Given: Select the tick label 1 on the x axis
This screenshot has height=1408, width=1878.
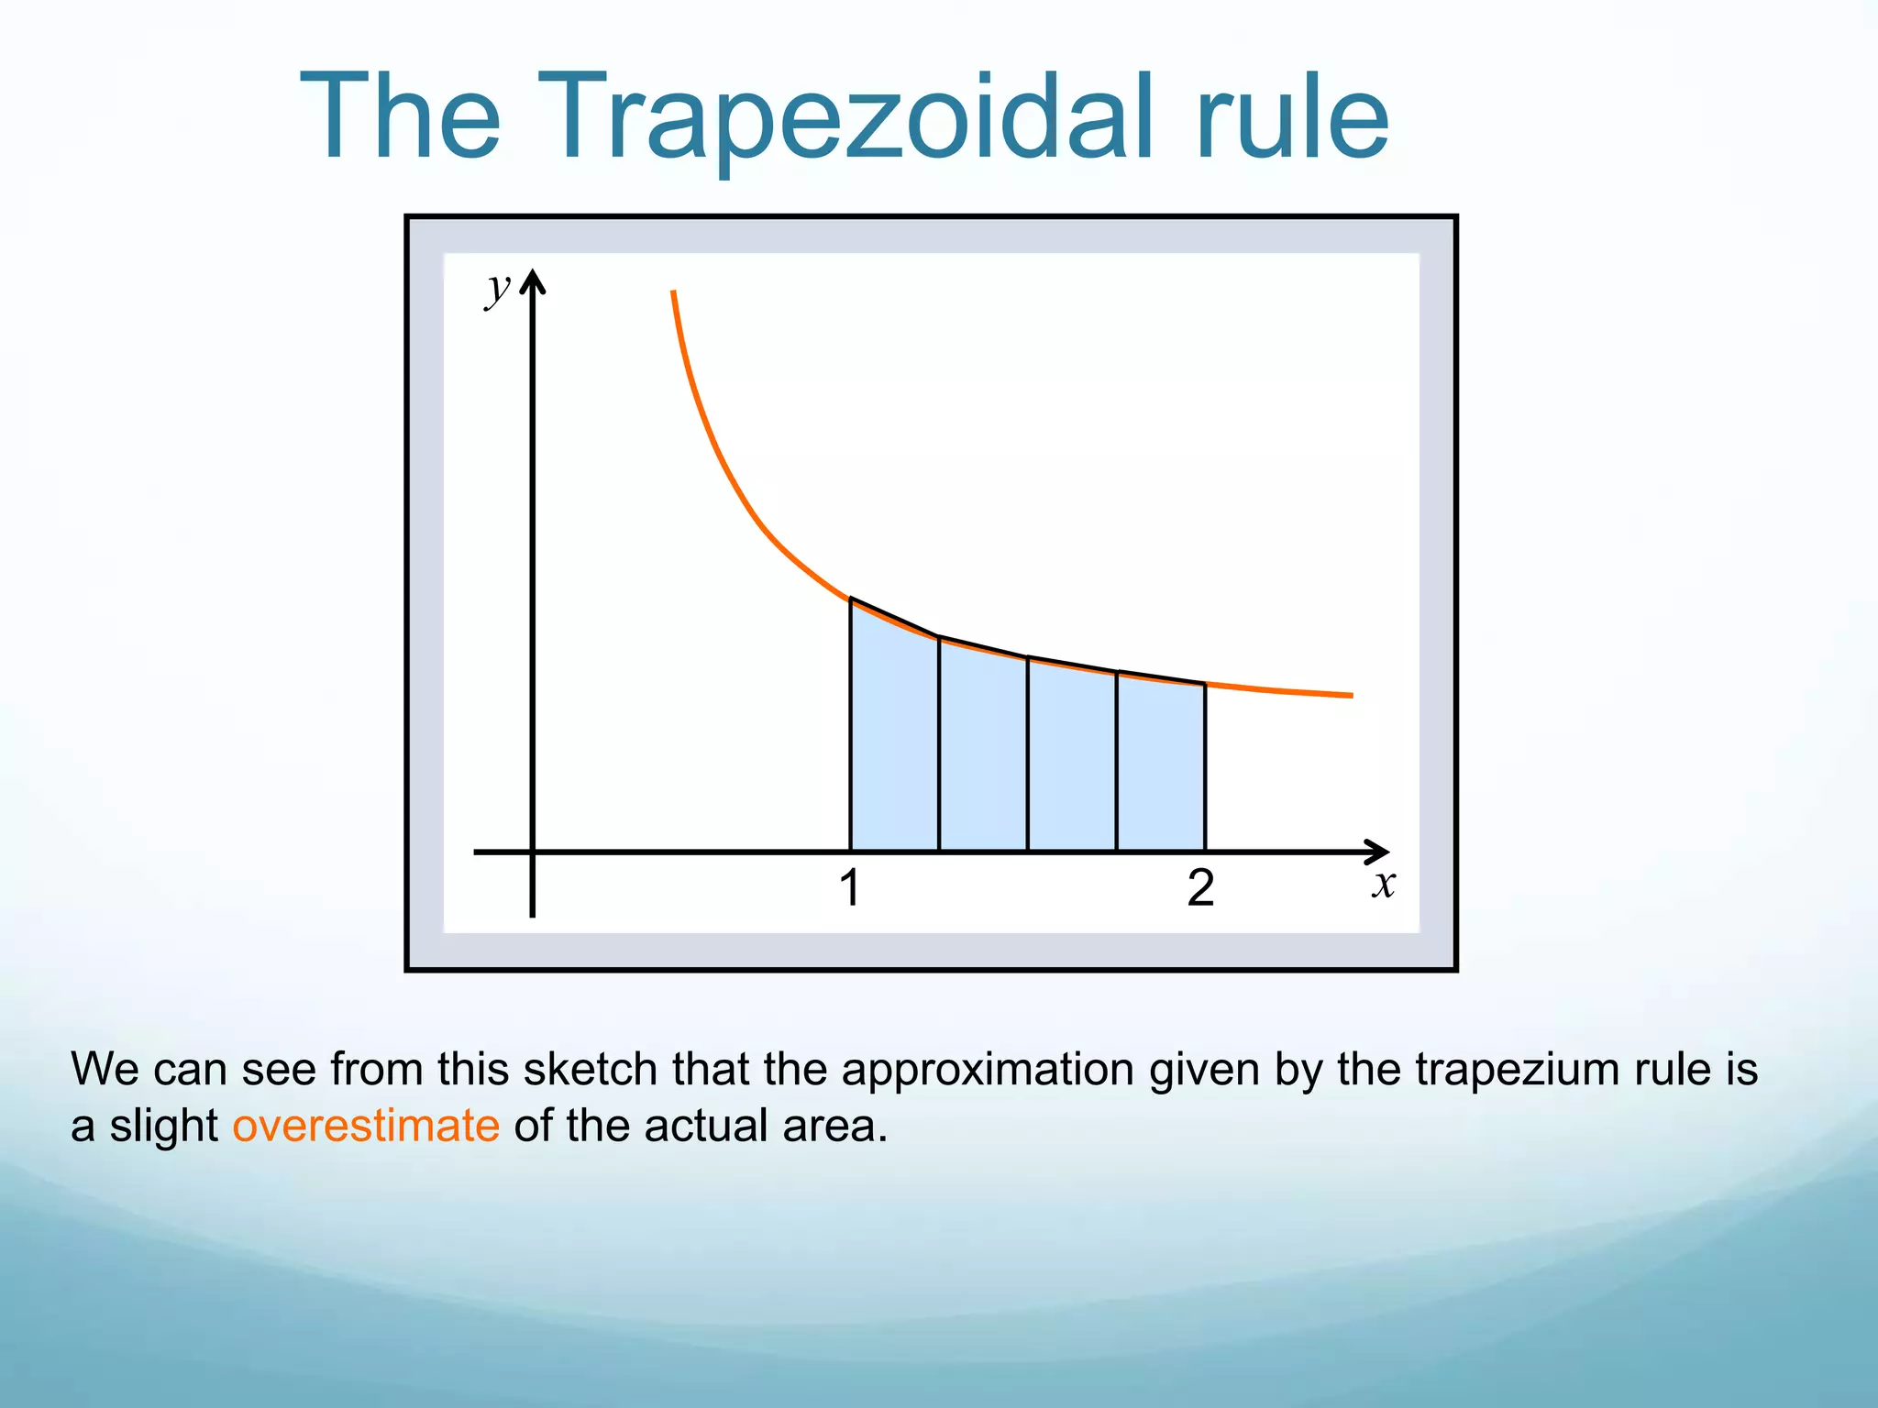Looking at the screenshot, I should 850,888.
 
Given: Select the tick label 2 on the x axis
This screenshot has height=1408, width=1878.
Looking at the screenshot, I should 1200,888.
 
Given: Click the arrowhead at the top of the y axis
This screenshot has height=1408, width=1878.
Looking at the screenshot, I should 533,280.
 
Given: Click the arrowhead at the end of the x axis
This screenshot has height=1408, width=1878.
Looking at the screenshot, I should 1378,852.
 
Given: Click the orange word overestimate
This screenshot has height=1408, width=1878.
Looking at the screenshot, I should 366,1126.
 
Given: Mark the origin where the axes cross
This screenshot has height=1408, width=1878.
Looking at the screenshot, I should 533,852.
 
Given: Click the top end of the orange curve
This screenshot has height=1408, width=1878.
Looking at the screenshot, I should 673,293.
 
